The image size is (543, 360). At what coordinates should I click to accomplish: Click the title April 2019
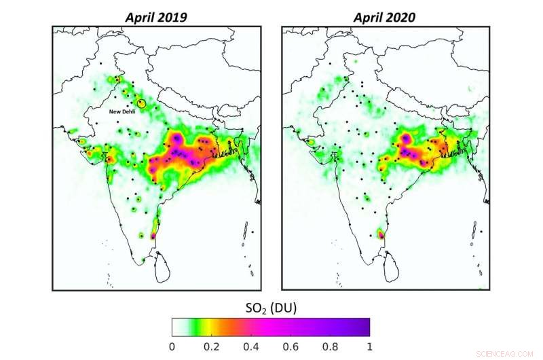click(x=156, y=16)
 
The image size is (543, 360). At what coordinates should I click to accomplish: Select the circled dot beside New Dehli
click(x=141, y=103)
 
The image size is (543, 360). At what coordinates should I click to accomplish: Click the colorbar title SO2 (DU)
click(x=270, y=308)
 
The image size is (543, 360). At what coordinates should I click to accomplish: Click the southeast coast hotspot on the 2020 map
click(x=381, y=236)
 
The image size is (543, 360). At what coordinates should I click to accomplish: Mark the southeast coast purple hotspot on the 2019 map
click(x=153, y=236)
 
